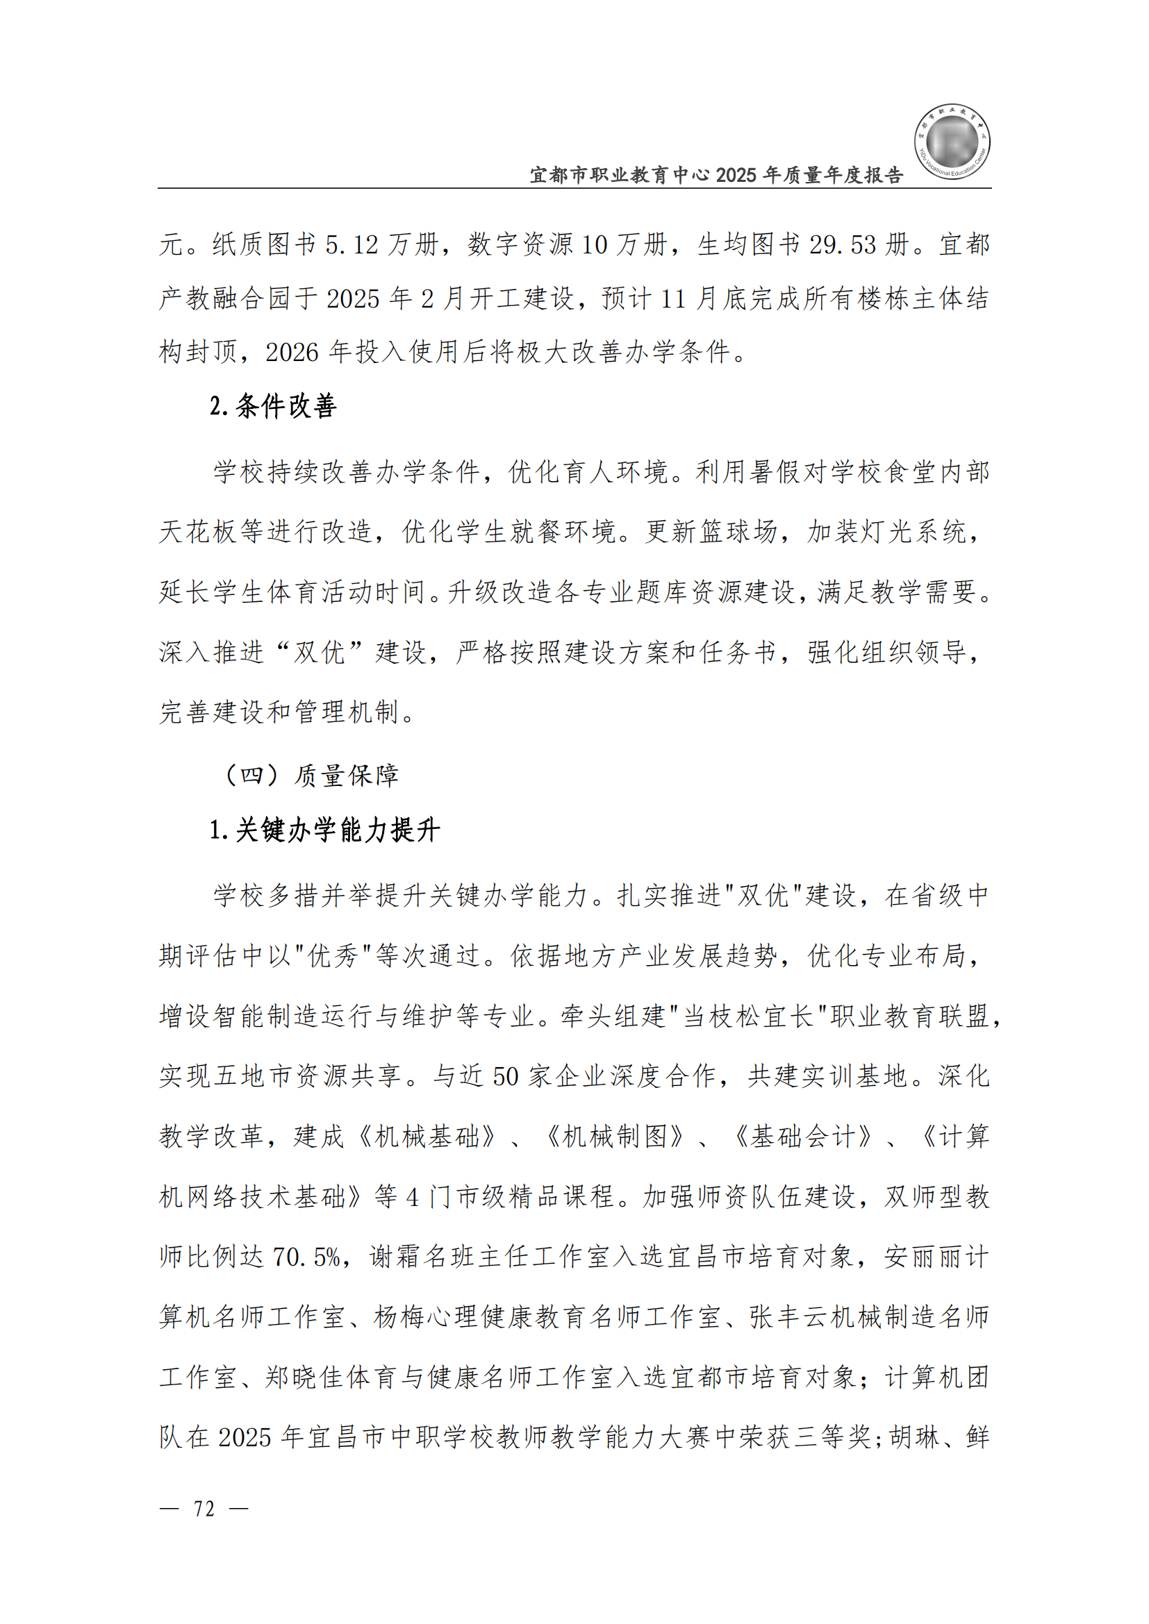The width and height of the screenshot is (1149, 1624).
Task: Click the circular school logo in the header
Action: (x=952, y=142)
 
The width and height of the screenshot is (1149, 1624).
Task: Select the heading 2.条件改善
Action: (x=272, y=406)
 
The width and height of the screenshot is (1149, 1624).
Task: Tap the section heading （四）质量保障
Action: (x=311, y=776)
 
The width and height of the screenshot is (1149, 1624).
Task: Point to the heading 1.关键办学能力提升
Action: (x=324, y=830)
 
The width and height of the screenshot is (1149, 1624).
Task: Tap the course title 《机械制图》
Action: (x=615, y=1137)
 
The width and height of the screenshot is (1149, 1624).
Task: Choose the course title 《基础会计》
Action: (x=803, y=1137)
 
